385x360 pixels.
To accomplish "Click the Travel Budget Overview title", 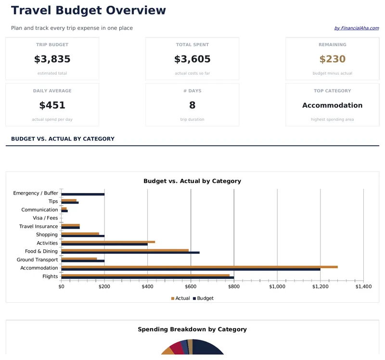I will pyautogui.click(x=89, y=11).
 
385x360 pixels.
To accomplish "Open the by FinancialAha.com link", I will pyautogui.click(x=356, y=28).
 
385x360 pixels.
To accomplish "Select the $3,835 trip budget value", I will pyautogui.click(x=52, y=59).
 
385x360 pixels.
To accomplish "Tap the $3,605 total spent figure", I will pyautogui.click(x=192, y=59).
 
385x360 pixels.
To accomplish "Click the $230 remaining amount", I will pyautogui.click(x=332, y=59).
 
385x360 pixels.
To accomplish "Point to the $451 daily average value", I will pyautogui.click(x=52, y=105).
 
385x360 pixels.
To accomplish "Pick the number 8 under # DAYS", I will pyautogui.click(x=192, y=105).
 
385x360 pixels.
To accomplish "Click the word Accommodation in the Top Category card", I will pyautogui.click(x=332, y=105).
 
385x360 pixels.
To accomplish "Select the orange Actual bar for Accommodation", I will pyautogui.click(x=199, y=267).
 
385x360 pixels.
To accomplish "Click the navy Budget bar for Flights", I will pyautogui.click(x=147, y=278).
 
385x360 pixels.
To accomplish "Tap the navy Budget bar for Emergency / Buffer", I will pyautogui.click(x=83, y=194).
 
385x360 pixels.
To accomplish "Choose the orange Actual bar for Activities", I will pyautogui.click(x=108, y=242).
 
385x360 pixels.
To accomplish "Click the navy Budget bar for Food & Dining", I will pyautogui.click(x=130, y=253).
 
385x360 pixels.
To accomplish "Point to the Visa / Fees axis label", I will pyautogui.click(x=45, y=218).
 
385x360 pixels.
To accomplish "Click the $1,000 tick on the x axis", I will pyautogui.click(x=277, y=286).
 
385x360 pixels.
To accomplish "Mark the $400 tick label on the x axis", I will pyautogui.click(x=148, y=286).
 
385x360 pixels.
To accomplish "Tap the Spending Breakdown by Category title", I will pyautogui.click(x=192, y=330).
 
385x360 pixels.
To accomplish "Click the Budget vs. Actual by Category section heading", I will pyautogui.click(x=63, y=139).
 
